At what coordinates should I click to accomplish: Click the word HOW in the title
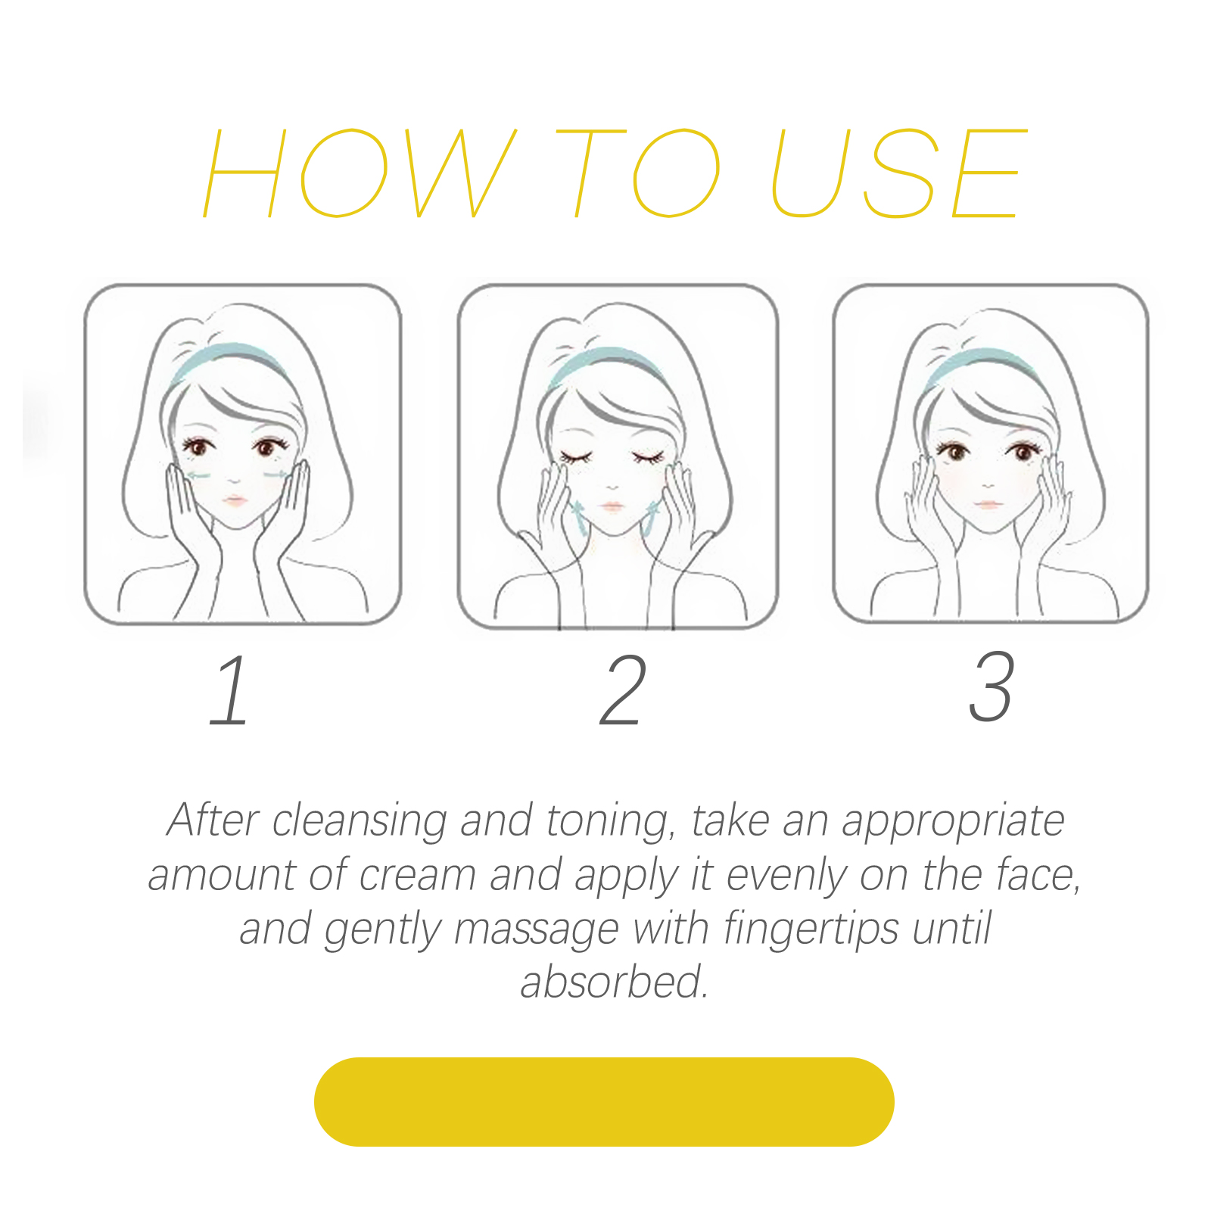[360, 173]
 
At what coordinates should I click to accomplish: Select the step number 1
[229, 690]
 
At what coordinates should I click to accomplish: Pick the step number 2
[623, 690]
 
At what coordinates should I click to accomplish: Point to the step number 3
[991, 686]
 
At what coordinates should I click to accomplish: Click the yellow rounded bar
[604, 1101]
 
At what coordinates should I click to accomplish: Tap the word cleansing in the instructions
[359, 822]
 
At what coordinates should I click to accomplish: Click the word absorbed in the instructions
[615, 982]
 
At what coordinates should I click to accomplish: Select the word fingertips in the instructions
[811, 930]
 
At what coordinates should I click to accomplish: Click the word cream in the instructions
[417, 876]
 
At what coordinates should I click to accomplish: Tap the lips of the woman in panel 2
[612, 506]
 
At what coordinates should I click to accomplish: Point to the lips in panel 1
[235, 500]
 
